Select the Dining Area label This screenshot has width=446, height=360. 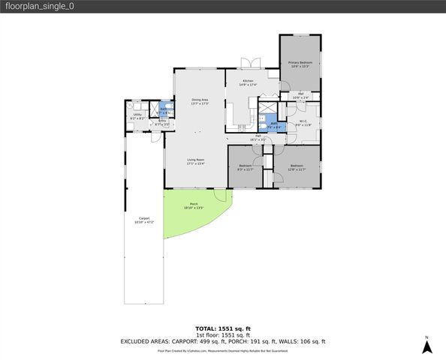click(199, 101)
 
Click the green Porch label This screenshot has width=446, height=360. click(194, 205)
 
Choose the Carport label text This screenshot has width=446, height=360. click(143, 220)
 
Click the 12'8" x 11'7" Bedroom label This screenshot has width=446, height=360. click(297, 167)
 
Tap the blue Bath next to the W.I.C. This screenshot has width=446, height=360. click(275, 125)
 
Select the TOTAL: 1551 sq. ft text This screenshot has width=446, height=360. click(222, 328)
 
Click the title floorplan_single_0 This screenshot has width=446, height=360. click(38, 6)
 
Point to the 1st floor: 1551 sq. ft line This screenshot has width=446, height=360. click(222, 335)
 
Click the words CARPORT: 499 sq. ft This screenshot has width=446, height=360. click(198, 341)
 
